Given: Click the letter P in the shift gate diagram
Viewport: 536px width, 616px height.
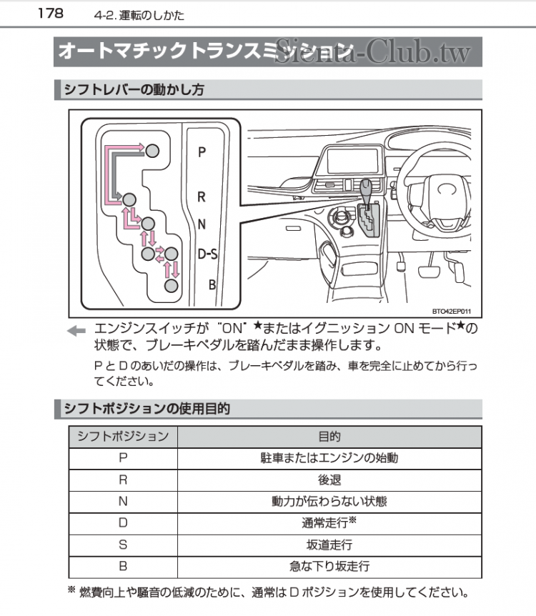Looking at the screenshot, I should click(202, 152).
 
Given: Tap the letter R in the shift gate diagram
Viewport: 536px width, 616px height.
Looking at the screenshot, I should click(202, 197).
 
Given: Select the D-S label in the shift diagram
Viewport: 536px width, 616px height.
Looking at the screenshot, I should click(207, 254).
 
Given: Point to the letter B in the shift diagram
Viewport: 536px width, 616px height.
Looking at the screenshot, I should click(212, 284).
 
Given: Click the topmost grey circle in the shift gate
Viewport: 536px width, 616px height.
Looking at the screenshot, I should click(153, 149).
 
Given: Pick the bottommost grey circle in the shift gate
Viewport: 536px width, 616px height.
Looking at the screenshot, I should click(171, 286).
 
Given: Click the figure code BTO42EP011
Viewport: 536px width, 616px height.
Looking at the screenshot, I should click(456, 311).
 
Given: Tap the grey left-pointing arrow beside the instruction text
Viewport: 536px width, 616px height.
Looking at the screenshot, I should click(76, 330).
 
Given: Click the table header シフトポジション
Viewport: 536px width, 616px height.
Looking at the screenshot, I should click(123, 436).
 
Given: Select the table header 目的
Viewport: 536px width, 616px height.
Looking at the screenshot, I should click(329, 436).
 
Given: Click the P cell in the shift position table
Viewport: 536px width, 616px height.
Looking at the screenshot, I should click(123, 458).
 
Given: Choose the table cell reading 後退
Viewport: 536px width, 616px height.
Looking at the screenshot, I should click(329, 480).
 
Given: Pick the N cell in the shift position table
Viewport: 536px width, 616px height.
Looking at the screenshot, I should click(123, 501).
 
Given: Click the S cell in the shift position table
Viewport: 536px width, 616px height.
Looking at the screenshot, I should click(123, 545).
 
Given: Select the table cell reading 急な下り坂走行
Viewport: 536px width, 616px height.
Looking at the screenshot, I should click(329, 566).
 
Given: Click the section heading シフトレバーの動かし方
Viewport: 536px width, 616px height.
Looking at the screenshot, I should click(134, 90).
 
